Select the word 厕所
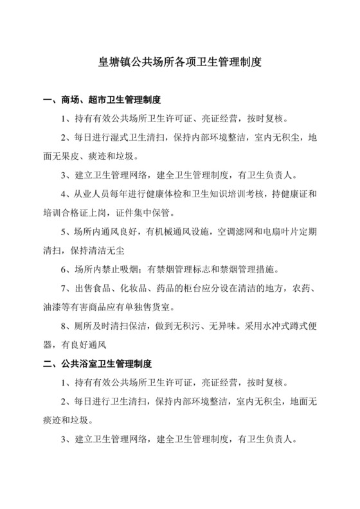tap(78, 326)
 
